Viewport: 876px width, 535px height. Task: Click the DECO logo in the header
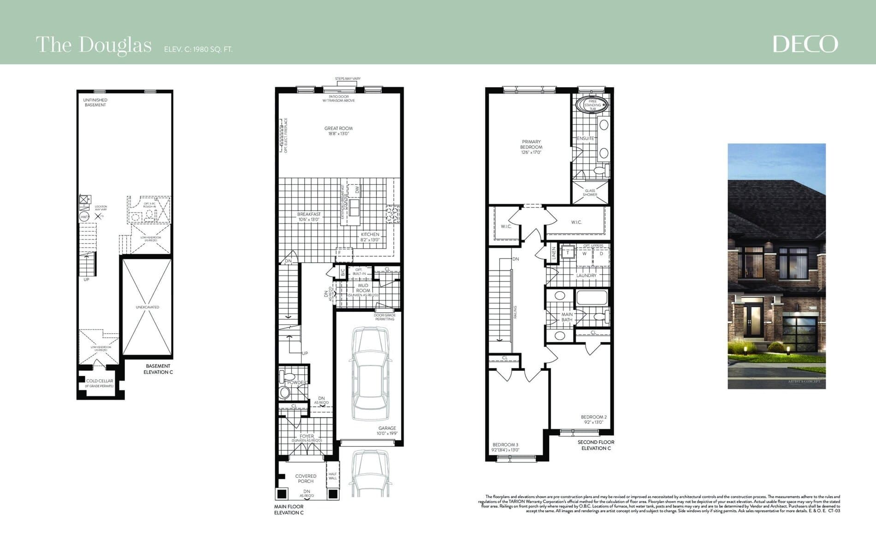(805, 44)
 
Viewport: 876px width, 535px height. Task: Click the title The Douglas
(94, 45)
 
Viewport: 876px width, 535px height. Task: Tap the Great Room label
(338, 129)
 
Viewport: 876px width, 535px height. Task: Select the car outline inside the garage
(369, 376)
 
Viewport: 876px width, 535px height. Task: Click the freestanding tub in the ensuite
(592, 105)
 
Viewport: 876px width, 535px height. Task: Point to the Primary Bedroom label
(531, 144)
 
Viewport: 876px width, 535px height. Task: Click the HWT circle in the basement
(84, 217)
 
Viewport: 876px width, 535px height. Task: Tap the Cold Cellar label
(100, 381)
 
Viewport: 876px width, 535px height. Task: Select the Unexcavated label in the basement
(147, 307)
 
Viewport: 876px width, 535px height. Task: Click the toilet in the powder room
(284, 392)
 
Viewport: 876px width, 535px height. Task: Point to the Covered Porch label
(306, 478)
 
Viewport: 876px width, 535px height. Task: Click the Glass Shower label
(590, 193)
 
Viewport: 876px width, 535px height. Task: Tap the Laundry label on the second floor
(586, 276)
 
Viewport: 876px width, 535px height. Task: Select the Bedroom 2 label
(593, 417)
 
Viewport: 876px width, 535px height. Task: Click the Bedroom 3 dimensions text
(505, 450)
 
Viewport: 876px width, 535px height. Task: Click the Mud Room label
(363, 288)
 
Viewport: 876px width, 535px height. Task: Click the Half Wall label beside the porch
(332, 476)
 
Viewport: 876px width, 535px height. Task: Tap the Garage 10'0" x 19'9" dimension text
(387, 434)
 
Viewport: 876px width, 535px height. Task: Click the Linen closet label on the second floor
(554, 253)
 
